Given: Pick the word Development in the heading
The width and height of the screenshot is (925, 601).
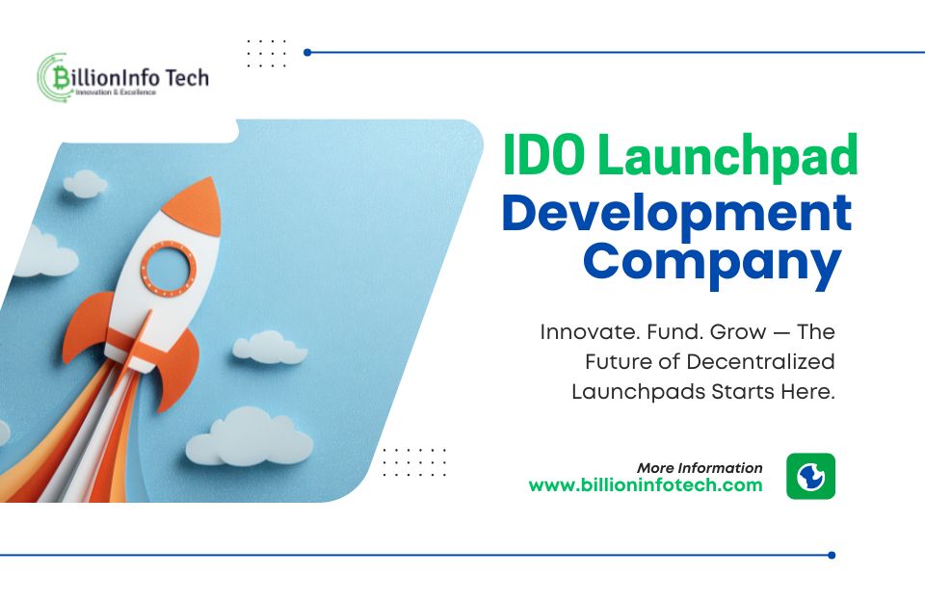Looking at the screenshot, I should point(676,213).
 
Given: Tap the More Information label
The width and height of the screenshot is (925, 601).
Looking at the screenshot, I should point(700,468).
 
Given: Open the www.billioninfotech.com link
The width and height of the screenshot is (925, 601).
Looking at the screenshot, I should point(646,485).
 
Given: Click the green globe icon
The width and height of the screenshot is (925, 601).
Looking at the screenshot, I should point(810,476).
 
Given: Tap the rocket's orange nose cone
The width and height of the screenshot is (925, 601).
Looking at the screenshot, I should point(190,201).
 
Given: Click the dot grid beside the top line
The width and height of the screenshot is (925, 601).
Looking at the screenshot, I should point(267,53).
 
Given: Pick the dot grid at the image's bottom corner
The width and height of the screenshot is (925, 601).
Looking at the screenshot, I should point(414,461).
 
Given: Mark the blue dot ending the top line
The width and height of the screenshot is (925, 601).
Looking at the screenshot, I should point(307,52).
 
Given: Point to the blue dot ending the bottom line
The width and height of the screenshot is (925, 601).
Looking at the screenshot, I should point(832,555).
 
